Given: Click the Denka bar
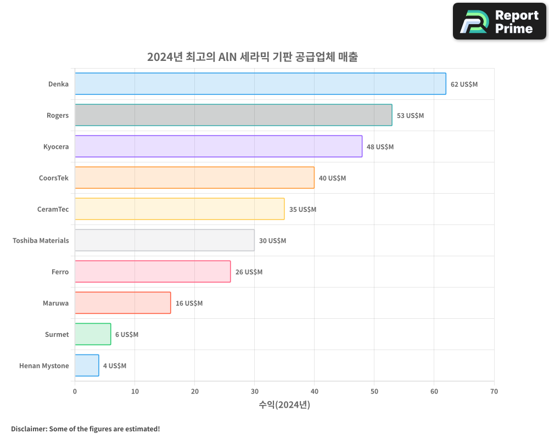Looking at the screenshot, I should point(260,84).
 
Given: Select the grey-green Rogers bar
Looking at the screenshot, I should point(233,115).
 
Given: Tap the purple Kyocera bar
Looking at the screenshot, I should point(219,147).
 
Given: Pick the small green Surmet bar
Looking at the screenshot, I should point(93,334).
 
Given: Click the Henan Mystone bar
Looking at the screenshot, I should point(87,365).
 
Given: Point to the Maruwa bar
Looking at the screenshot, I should point(122,303).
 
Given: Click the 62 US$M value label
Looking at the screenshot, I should point(464,85).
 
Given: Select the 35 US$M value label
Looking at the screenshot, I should point(302,210).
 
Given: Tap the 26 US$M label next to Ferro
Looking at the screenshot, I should point(249,272).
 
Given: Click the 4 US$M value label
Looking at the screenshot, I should point(114,366).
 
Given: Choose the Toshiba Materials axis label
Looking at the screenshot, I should point(41,240).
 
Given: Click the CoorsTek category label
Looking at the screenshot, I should point(54,178).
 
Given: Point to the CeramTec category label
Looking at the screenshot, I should point(53,209).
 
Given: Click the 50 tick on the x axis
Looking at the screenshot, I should point(374,391).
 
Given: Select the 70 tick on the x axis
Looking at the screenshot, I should point(494,391).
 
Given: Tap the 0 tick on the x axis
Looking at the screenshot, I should point(75,391).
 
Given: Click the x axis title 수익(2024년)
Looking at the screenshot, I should point(284,405).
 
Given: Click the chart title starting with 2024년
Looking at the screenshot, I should point(252,57).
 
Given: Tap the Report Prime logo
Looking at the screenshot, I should point(499,21).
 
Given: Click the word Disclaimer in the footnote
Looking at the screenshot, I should point(28,429).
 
